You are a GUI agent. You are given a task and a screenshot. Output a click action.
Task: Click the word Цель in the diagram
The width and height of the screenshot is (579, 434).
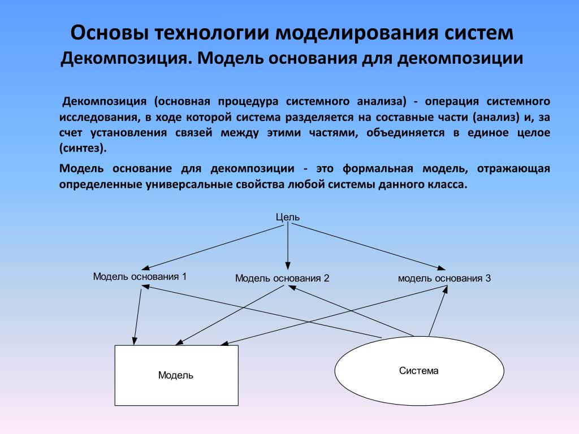pos(288,218)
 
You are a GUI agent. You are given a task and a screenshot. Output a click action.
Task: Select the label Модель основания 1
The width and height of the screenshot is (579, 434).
pos(140,276)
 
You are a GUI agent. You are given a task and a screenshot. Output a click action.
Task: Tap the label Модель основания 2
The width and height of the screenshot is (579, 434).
pos(282,278)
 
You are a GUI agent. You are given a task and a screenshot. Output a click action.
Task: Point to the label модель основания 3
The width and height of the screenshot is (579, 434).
pos(444,278)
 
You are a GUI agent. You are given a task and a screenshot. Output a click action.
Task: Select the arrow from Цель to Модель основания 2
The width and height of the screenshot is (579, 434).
pos(288,246)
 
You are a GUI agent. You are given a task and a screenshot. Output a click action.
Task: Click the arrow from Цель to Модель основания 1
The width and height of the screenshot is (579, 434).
pos(213,248)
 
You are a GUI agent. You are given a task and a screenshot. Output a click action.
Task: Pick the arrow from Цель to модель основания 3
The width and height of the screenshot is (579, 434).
pos(369,247)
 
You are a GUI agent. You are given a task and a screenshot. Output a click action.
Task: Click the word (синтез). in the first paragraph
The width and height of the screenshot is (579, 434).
pos(83,149)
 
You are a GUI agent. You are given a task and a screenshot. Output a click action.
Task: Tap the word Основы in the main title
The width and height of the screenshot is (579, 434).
pos(110,32)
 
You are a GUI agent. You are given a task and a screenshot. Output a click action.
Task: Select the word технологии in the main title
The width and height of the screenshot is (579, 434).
pos(212,33)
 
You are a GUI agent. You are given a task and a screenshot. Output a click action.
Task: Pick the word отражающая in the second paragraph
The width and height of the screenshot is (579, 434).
pos(513,169)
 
